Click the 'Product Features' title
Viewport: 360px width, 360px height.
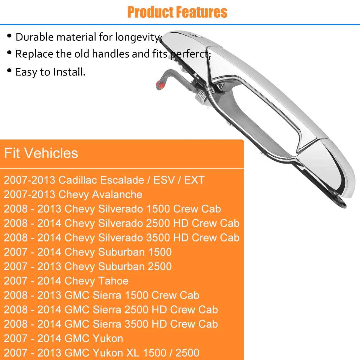click(177, 12)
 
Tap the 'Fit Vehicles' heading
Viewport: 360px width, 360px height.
click(41, 153)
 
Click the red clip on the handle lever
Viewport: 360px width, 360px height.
click(160, 85)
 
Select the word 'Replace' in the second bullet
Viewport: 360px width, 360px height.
click(34, 54)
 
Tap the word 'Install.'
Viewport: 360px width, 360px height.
click(69, 72)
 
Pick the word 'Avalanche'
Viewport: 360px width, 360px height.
click(117, 194)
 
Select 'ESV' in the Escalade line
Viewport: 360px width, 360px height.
click(164, 180)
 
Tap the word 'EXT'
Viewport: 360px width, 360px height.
click(194, 180)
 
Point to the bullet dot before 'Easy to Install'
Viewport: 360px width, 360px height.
click(9, 71)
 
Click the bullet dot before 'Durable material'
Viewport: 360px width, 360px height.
click(9, 35)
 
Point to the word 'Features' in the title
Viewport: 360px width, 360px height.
click(202, 12)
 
